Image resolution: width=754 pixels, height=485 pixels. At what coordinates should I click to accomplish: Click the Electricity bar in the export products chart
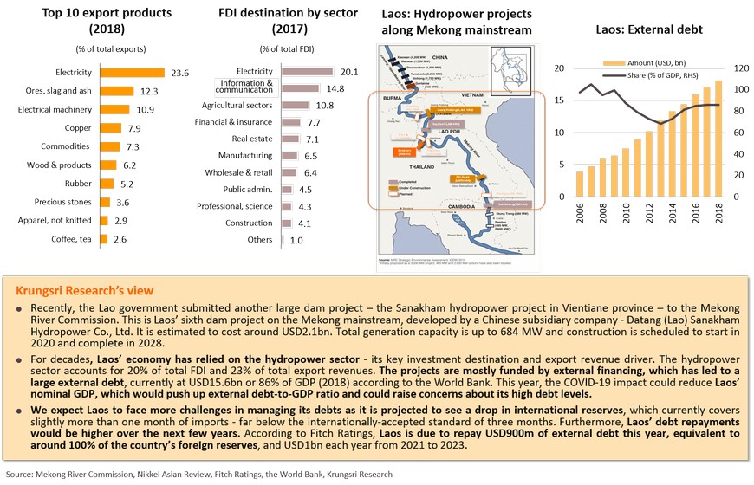pos(133,73)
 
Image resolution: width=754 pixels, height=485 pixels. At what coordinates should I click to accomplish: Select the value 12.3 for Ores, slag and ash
pos(149,92)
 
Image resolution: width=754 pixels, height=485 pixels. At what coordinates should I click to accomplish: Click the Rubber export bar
pos(109,184)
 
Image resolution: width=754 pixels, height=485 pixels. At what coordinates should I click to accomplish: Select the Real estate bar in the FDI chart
pos(290,139)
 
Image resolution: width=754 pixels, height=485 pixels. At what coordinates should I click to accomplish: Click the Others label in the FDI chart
pos(258,240)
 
